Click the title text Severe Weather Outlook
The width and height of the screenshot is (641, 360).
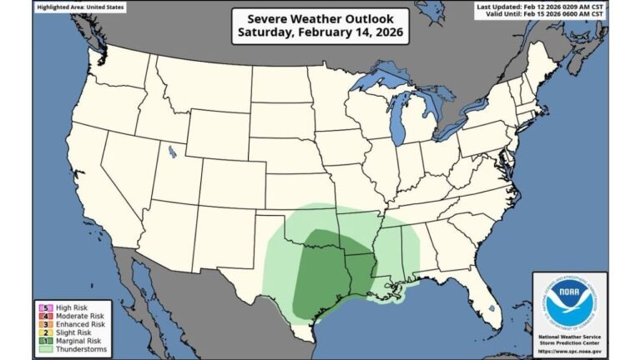[320, 18]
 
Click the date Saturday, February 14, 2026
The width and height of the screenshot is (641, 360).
[320, 33]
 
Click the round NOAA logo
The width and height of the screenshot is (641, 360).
[568, 301]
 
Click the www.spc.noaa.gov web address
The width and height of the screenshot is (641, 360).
[568, 350]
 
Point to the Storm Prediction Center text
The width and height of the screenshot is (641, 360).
[568, 342]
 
